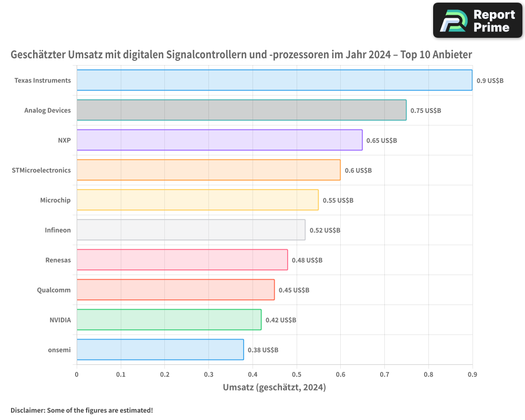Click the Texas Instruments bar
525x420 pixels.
pos(275,80)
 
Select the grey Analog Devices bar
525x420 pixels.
pos(241,110)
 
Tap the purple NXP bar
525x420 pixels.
pos(219,140)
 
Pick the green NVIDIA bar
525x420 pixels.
pos(169,320)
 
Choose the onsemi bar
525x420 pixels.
pos(160,349)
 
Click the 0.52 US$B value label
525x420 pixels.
pos(325,230)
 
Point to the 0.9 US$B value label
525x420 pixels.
pos(490,80)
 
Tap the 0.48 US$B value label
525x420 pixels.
pos(307,260)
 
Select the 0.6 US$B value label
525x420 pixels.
pos(358,170)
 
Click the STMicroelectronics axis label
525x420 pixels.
pos(41,170)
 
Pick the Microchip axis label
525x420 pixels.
pos(55,200)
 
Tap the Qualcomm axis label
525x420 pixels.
pos(54,290)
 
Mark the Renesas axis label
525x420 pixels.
pos(58,260)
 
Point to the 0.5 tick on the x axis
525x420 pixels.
pos(297,374)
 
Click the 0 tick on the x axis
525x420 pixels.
pos(77,374)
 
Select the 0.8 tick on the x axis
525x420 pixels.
pos(428,374)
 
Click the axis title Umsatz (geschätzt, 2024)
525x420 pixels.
pos(274,387)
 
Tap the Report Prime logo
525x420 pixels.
pos(477,20)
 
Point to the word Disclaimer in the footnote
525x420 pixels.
pos(28,410)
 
